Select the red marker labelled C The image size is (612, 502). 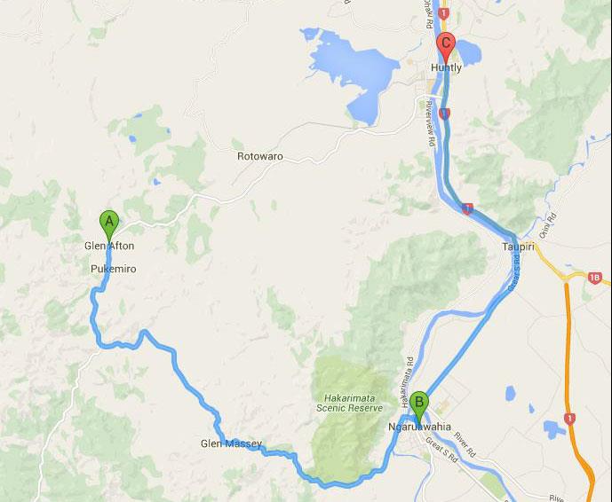pyautogui.click(x=446, y=45)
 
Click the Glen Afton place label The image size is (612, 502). pyautogui.click(x=109, y=246)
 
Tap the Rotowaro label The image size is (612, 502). pyautogui.click(x=259, y=156)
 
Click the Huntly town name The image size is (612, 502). pyautogui.click(x=447, y=67)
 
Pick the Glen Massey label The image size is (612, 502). pyautogui.click(x=231, y=443)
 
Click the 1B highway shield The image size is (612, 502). pyautogui.click(x=593, y=278)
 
